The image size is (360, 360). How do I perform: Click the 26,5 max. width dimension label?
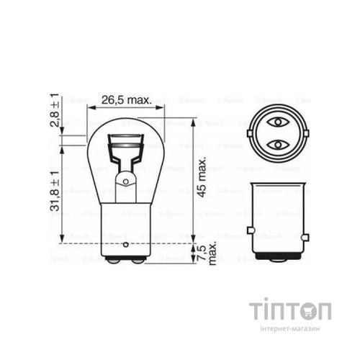coord(126,100)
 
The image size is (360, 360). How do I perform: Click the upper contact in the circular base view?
coord(277,122)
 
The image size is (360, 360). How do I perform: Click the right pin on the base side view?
coord(305,235)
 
